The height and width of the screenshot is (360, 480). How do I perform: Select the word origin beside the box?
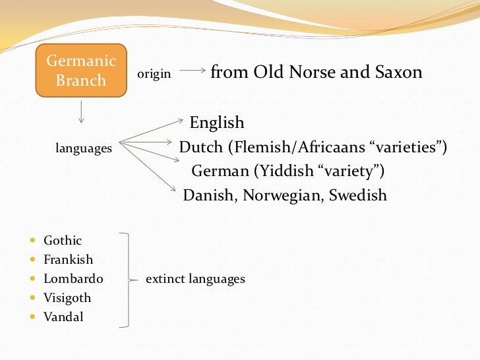[x=154, y=75]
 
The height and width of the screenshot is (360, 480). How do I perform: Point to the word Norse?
[x=311, y=72]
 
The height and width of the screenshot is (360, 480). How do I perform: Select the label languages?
[x=83, y=149]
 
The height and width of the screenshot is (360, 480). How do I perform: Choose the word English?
[x=217, y=123]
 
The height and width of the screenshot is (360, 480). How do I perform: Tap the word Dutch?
[x=201, y=147]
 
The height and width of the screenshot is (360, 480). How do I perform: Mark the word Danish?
[x=210, y=196]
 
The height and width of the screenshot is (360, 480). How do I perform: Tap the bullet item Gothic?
[x=63, y=241]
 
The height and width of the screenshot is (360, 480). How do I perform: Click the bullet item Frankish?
[x=68, y=260]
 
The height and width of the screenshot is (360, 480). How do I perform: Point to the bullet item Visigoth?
[x=67, y=298]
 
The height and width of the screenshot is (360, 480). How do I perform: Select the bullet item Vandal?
[x=63, y=317]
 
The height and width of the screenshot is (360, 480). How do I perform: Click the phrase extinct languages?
[x=195, y=279]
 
